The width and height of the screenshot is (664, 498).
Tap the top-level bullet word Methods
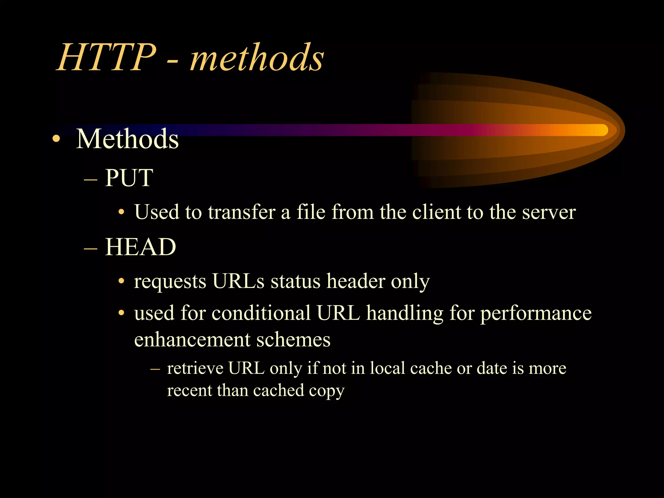pyautogui.click(x=127, y=139)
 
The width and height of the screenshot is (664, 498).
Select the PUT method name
pyautogui.click(x=129, y=178)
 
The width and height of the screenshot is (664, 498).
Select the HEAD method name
pyautogui.click(x=140, y=247)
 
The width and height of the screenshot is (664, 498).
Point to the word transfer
pyautogui.click(x=242, y=212)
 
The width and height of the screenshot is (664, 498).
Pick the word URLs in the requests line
pyautogui.click(x=238, y=281)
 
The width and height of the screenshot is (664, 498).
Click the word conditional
pyautogui.click(x=261, y=313)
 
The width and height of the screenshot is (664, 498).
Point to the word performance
pyautogui.click(x=536, y=314)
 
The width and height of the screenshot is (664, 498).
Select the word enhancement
pyautogui.click(x=192, y=340)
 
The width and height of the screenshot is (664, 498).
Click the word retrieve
pyautogui.click(x=195, y=368)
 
